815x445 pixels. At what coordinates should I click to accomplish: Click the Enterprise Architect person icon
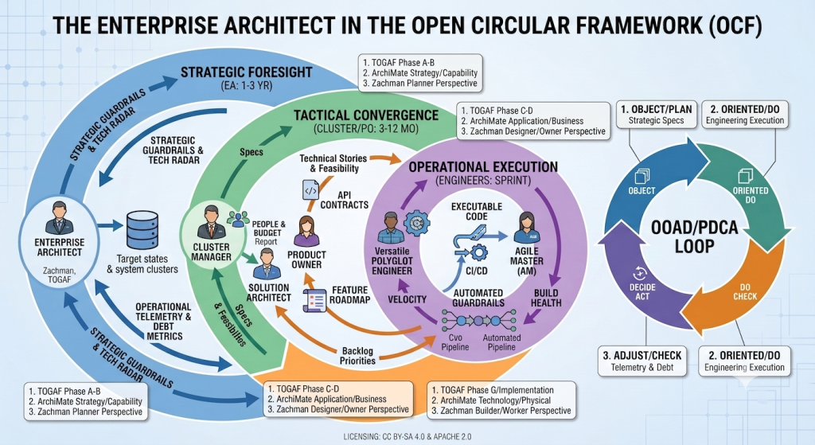(59, 218)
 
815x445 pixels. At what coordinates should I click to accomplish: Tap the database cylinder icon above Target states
(142, 230)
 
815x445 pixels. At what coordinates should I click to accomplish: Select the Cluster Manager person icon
(211, 223)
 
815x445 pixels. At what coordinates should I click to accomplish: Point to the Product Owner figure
(306, 232)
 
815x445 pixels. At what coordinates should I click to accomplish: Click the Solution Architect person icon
(267, 263)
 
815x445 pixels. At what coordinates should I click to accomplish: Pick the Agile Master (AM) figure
(527, 228)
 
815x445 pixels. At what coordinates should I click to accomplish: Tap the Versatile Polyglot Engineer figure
(390, 228)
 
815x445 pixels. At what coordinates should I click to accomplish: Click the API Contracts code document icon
(310, 190)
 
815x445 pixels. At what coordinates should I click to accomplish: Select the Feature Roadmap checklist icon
(314, 301)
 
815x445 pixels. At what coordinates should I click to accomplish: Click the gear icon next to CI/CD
(478, 253)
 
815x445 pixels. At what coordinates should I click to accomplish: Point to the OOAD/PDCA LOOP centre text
(694, 236)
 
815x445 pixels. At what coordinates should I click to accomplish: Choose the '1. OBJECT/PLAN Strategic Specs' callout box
(656, 115)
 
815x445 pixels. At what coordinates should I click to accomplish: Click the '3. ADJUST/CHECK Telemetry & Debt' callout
(642, 361)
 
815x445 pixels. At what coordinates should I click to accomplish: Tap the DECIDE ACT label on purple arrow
(642, 291)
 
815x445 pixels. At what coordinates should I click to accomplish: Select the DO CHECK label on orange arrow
(745, 291)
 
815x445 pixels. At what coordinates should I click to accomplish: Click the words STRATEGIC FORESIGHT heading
(247, 72)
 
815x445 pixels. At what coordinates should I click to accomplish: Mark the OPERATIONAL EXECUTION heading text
(483, 167)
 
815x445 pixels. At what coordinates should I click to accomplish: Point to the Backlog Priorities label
(357, 356)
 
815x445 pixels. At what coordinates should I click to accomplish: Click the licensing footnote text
(407, 437)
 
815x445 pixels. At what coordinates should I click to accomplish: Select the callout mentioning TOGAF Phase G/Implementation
(501, 400)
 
